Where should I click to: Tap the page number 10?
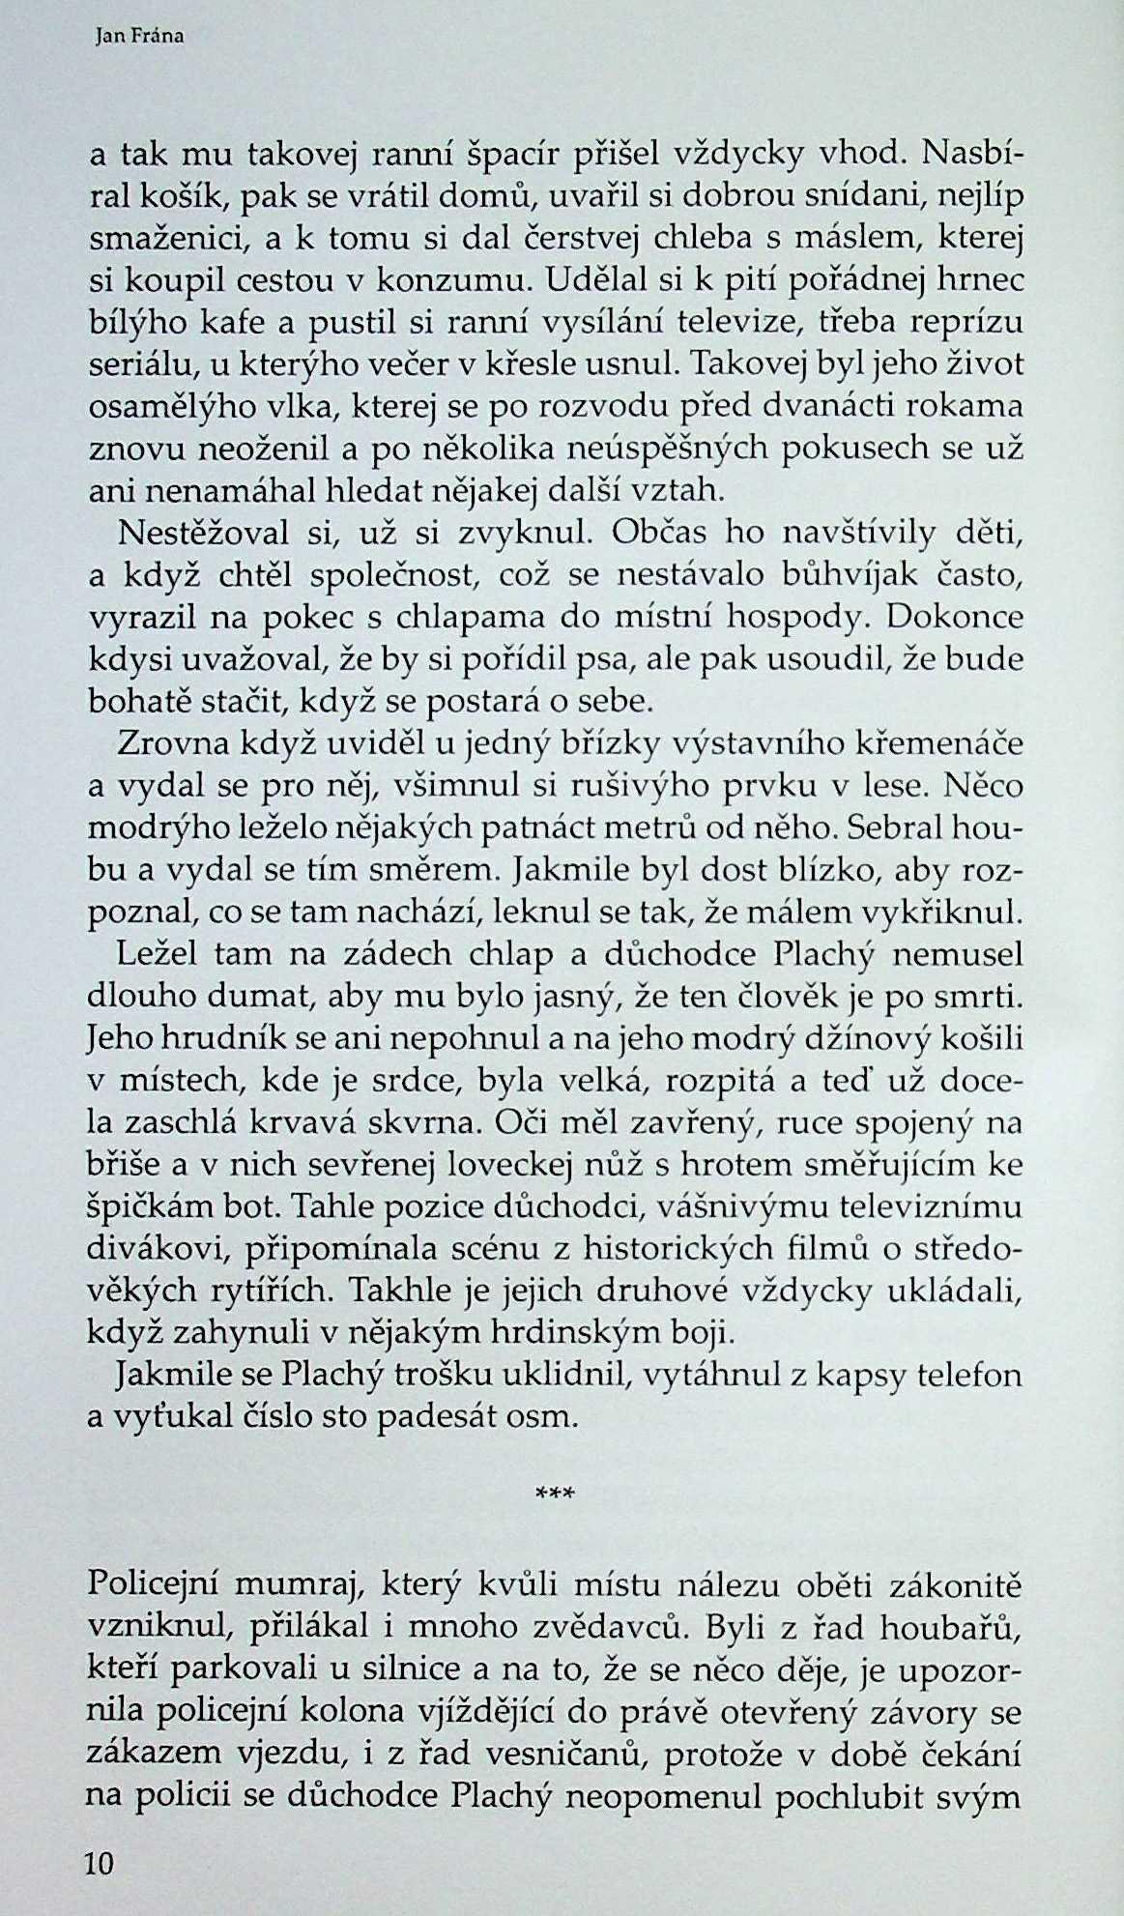(100, 1863)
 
